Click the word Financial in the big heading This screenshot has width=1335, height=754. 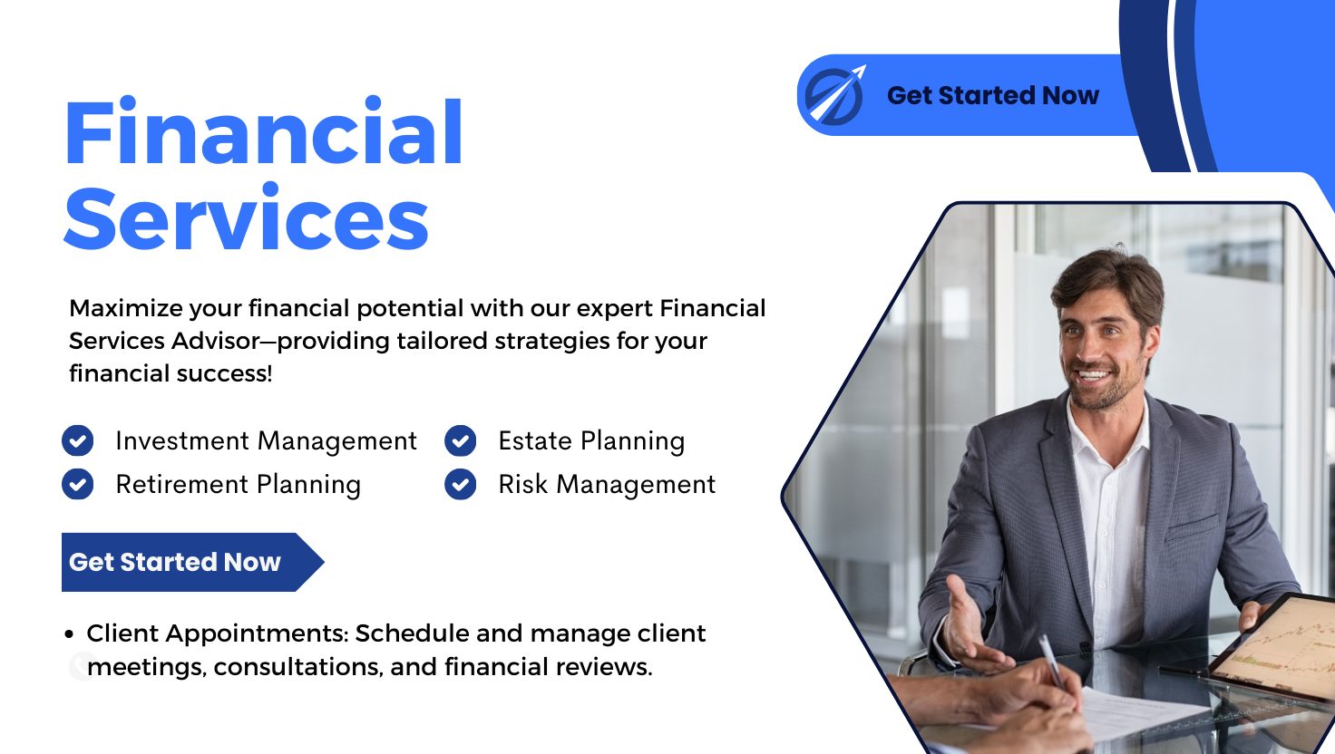tap(263, 133)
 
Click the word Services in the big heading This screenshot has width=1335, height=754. tap(246, 220)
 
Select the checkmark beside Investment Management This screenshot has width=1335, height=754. tap(78, 441)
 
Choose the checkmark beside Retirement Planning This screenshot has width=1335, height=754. tap(78, 485)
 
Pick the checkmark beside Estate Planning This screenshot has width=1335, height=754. tap(461, 441)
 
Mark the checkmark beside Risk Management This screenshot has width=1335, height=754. tap(461, 485)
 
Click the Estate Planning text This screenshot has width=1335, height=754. tap(591, 441)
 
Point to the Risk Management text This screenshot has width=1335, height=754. tap(607, 485)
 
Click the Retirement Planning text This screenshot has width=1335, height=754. tap(238, 485)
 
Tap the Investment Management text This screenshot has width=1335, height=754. tap(266, 441)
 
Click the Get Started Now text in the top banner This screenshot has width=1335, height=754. tap(992, 95)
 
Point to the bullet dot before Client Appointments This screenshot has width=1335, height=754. tap(70, 634)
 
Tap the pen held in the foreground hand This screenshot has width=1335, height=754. tap(1051, 659)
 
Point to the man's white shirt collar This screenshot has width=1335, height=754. tap(1093, 426)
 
